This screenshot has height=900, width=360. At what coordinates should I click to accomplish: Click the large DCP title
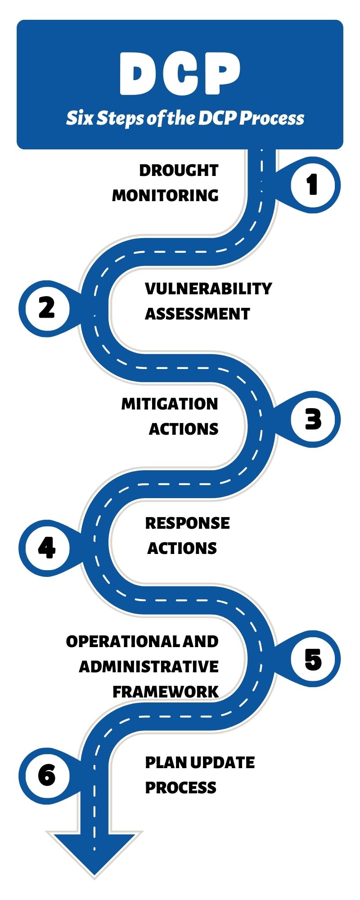180,73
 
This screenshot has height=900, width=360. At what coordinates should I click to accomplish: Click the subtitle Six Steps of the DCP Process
185,118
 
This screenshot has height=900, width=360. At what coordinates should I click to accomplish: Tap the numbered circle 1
313,185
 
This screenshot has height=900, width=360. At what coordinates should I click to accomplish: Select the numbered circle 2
47,308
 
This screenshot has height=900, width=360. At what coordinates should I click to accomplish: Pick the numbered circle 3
313,419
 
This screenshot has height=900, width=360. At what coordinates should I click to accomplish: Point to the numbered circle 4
47,548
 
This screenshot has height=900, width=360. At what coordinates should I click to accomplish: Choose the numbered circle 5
313,659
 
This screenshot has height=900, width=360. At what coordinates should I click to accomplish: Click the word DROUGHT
179,171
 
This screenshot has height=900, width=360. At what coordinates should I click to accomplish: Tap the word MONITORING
165,195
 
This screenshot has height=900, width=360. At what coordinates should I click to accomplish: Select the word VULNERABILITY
208,288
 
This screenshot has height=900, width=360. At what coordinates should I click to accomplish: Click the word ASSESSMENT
197,314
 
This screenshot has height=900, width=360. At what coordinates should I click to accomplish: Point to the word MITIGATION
170,404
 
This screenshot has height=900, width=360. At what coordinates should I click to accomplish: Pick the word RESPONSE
187,523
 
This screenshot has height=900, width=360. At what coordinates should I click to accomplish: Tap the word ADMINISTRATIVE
149,666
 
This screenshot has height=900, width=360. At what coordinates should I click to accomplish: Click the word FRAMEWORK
166,692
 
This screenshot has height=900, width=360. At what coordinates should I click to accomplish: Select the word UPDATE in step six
222,762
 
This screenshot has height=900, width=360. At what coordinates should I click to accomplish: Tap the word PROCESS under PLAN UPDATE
180,787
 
